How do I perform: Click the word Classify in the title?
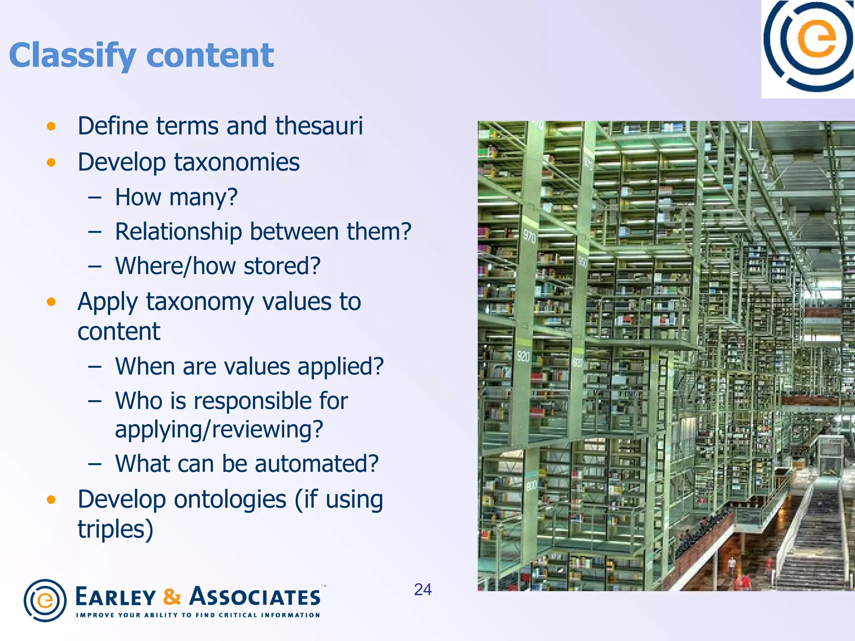tap(72, 56)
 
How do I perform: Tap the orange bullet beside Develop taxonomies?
tap(51, 162)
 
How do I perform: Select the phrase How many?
tap(176, 197)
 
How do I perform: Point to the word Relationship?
tap(178, 232)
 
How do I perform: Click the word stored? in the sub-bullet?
tap(282, 266)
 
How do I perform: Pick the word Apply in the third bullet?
tap(108, 302)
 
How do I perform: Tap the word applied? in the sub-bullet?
tap(340, 366)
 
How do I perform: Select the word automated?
tap(316, 464)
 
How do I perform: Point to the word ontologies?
tap(230, 500)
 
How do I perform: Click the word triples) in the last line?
tap(115, 530)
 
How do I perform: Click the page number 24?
tap(422, 589)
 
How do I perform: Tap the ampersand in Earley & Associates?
tap(172, 597)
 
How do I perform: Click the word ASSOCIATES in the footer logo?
tap(255, 597)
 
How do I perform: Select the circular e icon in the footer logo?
tap(45, 600)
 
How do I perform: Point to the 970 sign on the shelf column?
tap(529, 236)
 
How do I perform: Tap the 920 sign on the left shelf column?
tap(523, 356)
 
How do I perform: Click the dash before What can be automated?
tap(95, 464)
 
